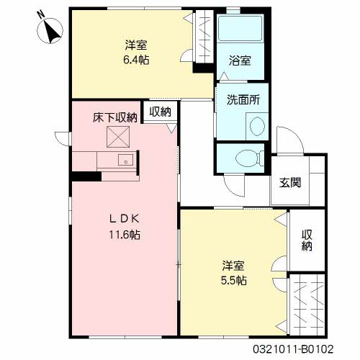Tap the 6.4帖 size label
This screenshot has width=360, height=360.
pyautogui.click(x=136, y=60)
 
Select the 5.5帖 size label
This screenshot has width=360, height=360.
pyautogui.click(x=233, y=280)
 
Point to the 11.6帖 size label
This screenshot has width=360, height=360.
pyautogui.click(x=125, y=235)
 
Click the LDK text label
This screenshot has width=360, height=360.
pyautogui.click(x=125, y=219)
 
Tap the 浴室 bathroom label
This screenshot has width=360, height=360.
pyautogui.click(x=240, y=60)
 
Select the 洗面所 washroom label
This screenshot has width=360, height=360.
pyautogui.click(x=243, y=99)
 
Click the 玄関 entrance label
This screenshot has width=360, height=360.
pyautogui.click(x=290, y=183)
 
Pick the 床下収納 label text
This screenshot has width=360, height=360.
pyautogui.click(x=115, y=117)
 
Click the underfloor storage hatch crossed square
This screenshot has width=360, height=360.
pyautogui.click(x=118, y=137)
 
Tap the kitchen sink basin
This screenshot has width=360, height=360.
pyautogui.click(x=126, y=160)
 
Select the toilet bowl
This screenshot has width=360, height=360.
pyautogui.click(x=249, y=158)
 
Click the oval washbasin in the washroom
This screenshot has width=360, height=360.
pyautogui.click(x=257, y=126)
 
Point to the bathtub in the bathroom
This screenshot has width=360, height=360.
pyautogui.click(x=240, y=28)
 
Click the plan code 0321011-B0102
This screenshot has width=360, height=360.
pyautogui.click(x=293, y=348)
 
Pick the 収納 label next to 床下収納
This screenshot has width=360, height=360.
pyautogui.click(x=161, y=112)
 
